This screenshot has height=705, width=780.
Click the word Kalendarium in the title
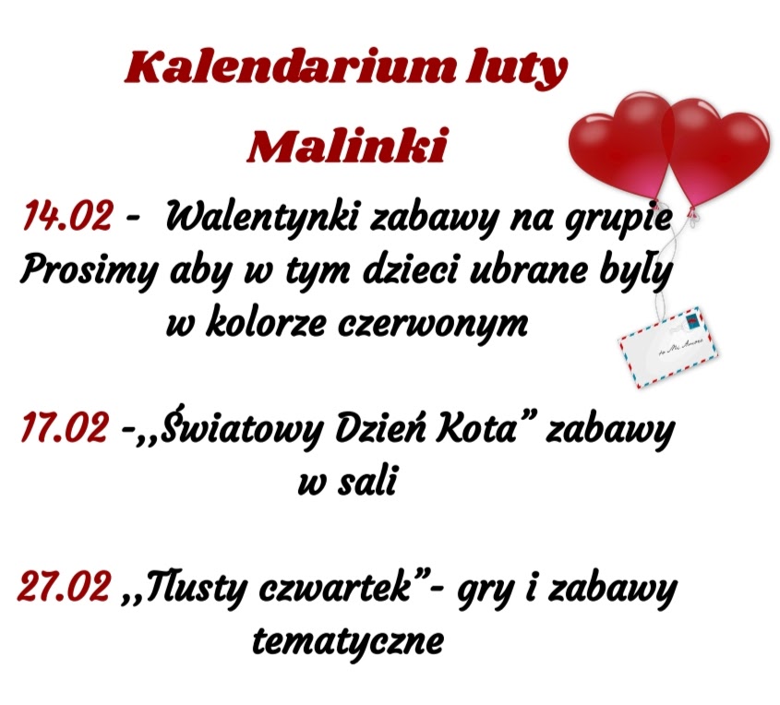pyautogui.click(x=289, y=68)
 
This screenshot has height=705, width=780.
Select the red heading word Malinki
pyautogui.click(x=347, y=145)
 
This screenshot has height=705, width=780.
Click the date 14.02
pyautogui.click(x=67, y=216)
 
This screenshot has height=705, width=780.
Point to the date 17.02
pyautogui.click(x=65, y=427)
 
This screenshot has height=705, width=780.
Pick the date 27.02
pyautogui.click(x=64, y=586)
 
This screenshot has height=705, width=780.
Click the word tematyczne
pyautogui.click(x=348, y=641)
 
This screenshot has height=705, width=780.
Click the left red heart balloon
pyautogui.click(x=621, y=145)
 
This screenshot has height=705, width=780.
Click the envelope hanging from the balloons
pyautogui.click(x=668, y=347)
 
